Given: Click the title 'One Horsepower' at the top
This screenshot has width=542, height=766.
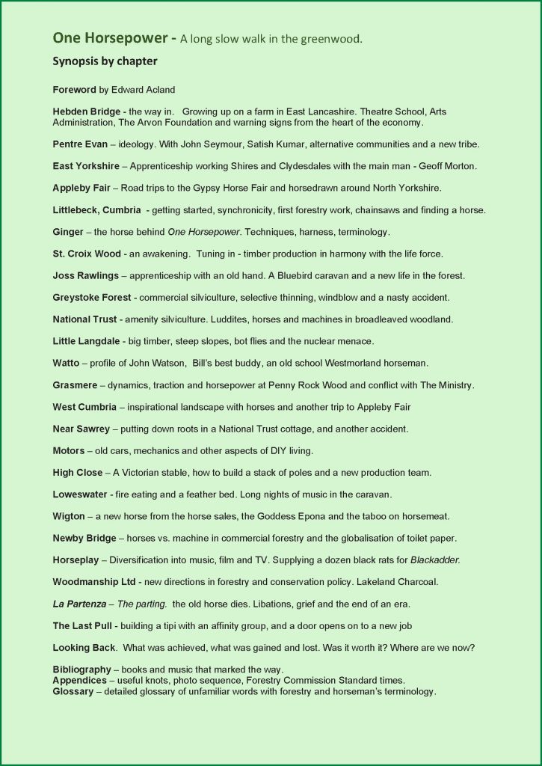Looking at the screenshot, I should point(99,37).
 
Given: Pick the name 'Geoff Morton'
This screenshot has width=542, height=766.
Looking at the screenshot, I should point(449,165).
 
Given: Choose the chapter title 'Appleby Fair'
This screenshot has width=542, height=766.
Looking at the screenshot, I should point(81,188).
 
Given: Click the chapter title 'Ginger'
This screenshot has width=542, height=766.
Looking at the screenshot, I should point(68,232).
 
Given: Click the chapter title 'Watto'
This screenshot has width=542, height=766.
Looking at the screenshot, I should point(67,364).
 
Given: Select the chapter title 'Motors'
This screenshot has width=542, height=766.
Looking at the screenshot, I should point(68,451).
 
